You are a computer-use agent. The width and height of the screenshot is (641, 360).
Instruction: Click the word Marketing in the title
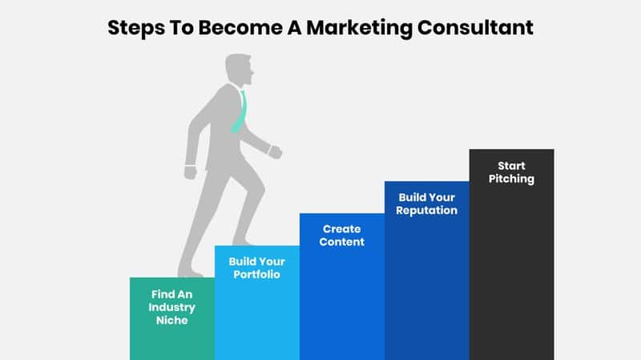[x=359, y=29]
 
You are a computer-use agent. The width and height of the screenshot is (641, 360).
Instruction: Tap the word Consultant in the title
[x=475, y=28]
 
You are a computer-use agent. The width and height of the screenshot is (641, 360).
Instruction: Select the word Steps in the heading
[x=136, y=29]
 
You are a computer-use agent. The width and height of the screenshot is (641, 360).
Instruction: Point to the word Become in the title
[x=240, y=28]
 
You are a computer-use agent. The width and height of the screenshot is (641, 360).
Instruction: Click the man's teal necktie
[x=240, y=112]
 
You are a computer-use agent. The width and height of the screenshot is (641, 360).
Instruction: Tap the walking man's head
[x=239, y=70]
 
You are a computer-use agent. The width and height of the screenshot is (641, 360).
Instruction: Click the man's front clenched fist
[x=275, y=152]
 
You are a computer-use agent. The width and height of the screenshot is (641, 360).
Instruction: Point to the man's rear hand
[x=190, y=172]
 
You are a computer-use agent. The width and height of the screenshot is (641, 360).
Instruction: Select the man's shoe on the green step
[x=190, y=272]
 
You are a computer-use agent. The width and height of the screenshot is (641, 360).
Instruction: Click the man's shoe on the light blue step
[x=243, y=241]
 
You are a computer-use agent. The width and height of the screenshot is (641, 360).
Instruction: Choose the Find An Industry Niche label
[x=171, y=307]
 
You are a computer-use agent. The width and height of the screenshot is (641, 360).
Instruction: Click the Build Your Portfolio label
[x=256, y=268]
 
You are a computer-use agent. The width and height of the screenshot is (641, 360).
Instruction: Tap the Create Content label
[x=342, y=235]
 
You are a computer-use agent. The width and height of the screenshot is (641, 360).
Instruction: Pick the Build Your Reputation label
[x=426, y=204]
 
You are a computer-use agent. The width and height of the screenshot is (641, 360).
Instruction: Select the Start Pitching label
[x=511, y=172]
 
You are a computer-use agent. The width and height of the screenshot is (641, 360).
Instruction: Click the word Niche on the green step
[x=171, y=320]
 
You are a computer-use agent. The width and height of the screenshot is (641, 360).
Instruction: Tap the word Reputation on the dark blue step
[x=426, y=211]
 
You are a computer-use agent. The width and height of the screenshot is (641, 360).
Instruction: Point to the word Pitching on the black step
[x=511, y=179]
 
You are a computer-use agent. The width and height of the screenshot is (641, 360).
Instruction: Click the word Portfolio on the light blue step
[x=256, y=274]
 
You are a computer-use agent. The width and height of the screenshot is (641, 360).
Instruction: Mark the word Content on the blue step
[x=342, y=242]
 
